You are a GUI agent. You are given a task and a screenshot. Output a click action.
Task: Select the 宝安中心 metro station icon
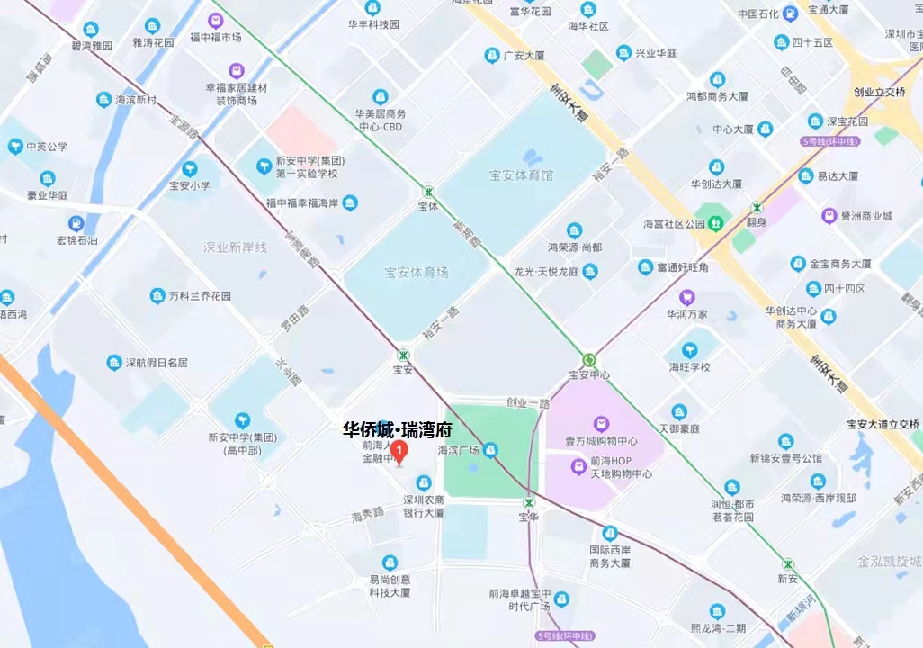click(589, 358)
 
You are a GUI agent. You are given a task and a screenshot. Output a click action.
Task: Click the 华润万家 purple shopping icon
click(687, 297)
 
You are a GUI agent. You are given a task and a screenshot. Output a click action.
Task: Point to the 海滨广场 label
click(457, 449)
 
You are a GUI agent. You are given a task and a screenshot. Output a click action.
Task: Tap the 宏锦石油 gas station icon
click(76, 223)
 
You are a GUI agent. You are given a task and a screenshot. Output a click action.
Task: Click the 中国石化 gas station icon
click(789, 13)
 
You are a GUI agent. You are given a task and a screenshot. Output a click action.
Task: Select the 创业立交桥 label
click(879, 92)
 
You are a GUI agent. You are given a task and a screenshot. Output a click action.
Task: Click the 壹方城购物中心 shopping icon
click(601, 423)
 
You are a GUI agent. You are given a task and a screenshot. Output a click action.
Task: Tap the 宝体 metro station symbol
click(428, 192)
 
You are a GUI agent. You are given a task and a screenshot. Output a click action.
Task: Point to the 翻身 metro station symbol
click(757, 207)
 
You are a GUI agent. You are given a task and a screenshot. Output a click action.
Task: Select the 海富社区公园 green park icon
click(715, 222)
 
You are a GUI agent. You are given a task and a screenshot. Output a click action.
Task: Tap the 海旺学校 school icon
click(690, 350)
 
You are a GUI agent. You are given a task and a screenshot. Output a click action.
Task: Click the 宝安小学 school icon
click(189, 168)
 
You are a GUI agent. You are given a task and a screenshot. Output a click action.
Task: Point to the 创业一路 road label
click(527, 403)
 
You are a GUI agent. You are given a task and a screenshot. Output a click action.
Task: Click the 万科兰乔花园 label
click(200, 295)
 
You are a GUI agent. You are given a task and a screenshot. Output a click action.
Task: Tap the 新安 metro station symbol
click(788, 563)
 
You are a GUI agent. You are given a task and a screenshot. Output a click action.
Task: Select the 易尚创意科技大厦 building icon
click(390, 562)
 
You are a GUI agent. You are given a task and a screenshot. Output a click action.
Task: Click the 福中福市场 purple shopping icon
click(215, 20)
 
